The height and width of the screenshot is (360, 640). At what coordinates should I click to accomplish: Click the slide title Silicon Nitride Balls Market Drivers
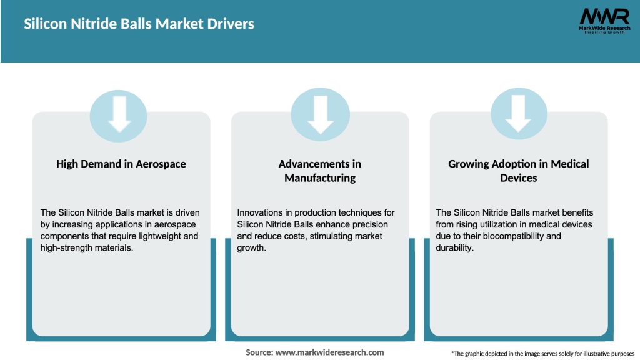[139, 24]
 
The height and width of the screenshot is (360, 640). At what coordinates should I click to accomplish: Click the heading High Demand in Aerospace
[121, 164]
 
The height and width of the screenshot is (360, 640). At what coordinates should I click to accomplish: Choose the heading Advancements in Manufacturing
[320, 171]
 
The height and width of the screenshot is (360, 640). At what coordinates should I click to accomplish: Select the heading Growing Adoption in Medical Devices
[519, 171]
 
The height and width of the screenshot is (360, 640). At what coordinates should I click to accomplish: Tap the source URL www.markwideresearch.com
[329, 352]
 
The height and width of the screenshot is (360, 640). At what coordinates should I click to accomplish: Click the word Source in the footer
[259, 352]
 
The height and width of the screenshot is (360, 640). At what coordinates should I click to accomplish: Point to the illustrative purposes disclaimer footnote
[542, 354]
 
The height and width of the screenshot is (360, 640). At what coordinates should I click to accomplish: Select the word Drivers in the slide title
[231, 24]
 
